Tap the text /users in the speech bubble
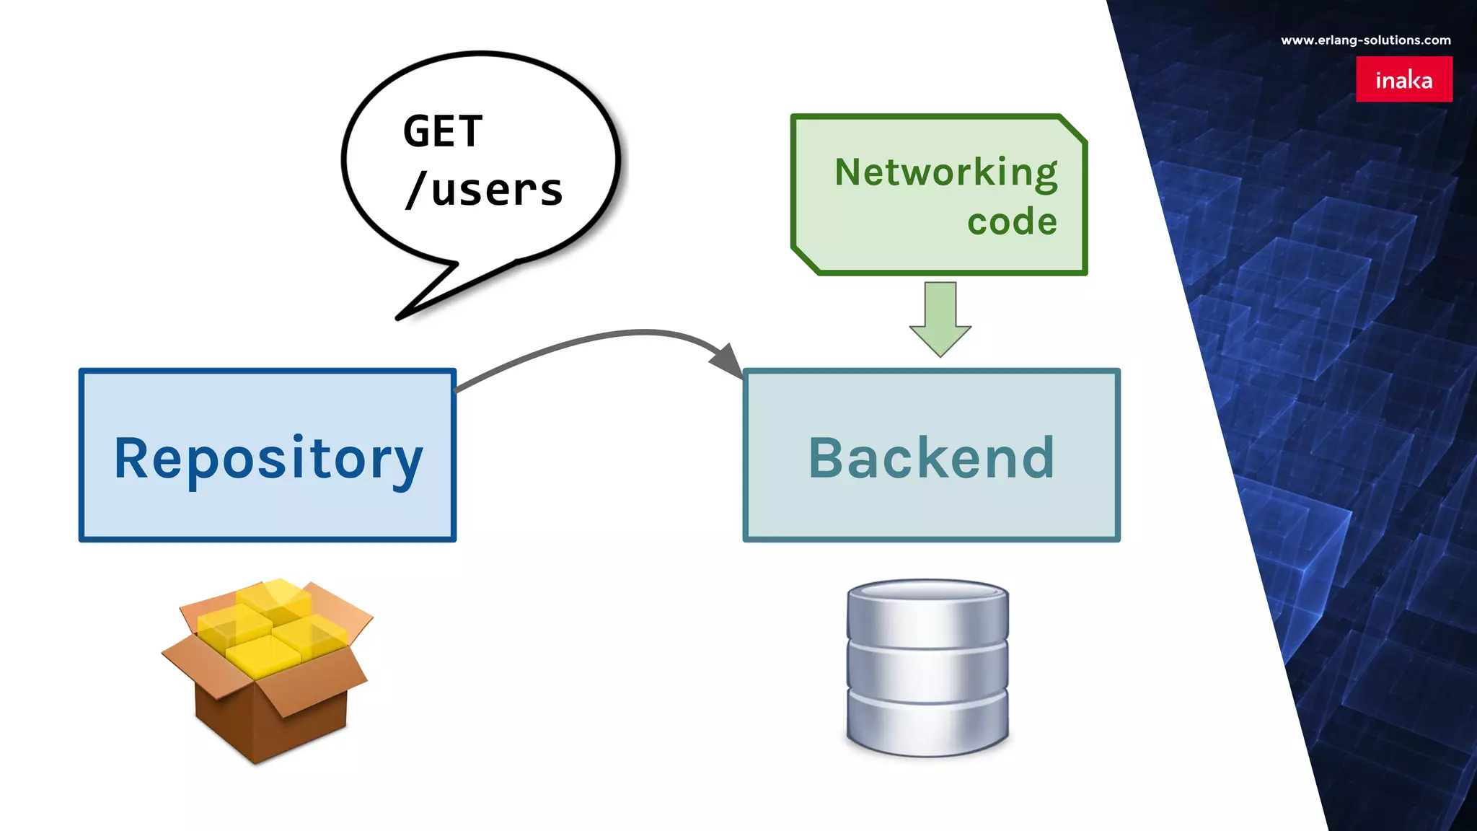pos(484,190)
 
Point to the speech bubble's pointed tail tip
pos(399,317)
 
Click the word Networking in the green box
pos(945,173)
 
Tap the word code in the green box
pos(1012,221)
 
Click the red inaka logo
pos(1403,79)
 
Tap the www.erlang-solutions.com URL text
pos(1365,40)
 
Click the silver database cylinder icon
pos(927,667)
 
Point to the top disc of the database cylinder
pos(927,590)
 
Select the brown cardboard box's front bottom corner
pos(255,762)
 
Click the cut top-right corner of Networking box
pos(1073,128)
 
